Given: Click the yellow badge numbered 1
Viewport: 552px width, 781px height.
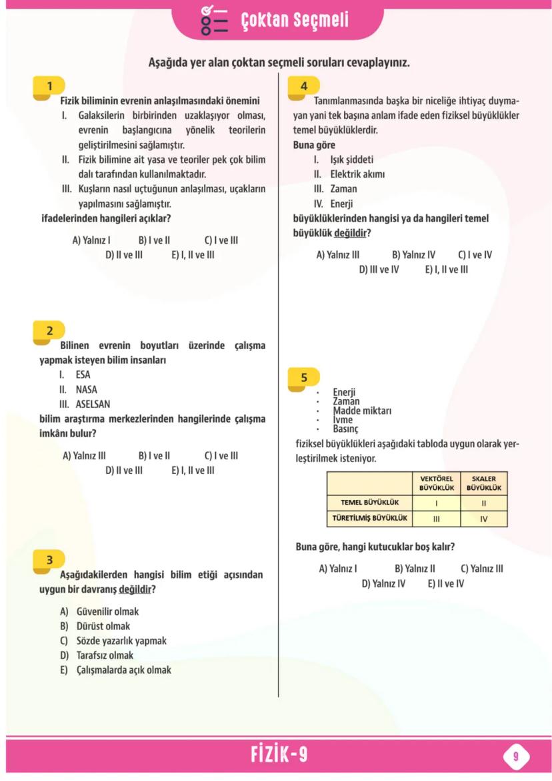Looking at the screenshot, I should [x=49, y=86].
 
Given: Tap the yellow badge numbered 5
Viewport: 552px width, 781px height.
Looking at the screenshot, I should [x=303, y=378].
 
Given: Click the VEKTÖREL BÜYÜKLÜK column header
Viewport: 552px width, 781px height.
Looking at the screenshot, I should [x=437, y=483].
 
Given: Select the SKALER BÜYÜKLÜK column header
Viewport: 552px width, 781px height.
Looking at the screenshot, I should [x=484, y=483].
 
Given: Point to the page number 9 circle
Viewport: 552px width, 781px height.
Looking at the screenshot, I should [x=515, y=756].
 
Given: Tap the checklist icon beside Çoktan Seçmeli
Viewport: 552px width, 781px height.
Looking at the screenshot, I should [x=214, y=20].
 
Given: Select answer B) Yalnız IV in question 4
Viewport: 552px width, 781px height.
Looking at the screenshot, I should [x=413, y=255].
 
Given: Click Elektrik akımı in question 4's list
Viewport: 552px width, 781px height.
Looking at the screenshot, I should [x=357, y=174].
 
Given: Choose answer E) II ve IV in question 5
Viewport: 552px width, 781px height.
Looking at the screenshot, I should [x=445, y=583].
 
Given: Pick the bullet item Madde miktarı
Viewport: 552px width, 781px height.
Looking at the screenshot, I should [x=362, y=411].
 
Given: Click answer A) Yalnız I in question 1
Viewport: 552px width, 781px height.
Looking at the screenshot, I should [x=91, y=240].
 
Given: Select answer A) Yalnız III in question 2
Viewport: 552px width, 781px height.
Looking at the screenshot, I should [x=84, y=456].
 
